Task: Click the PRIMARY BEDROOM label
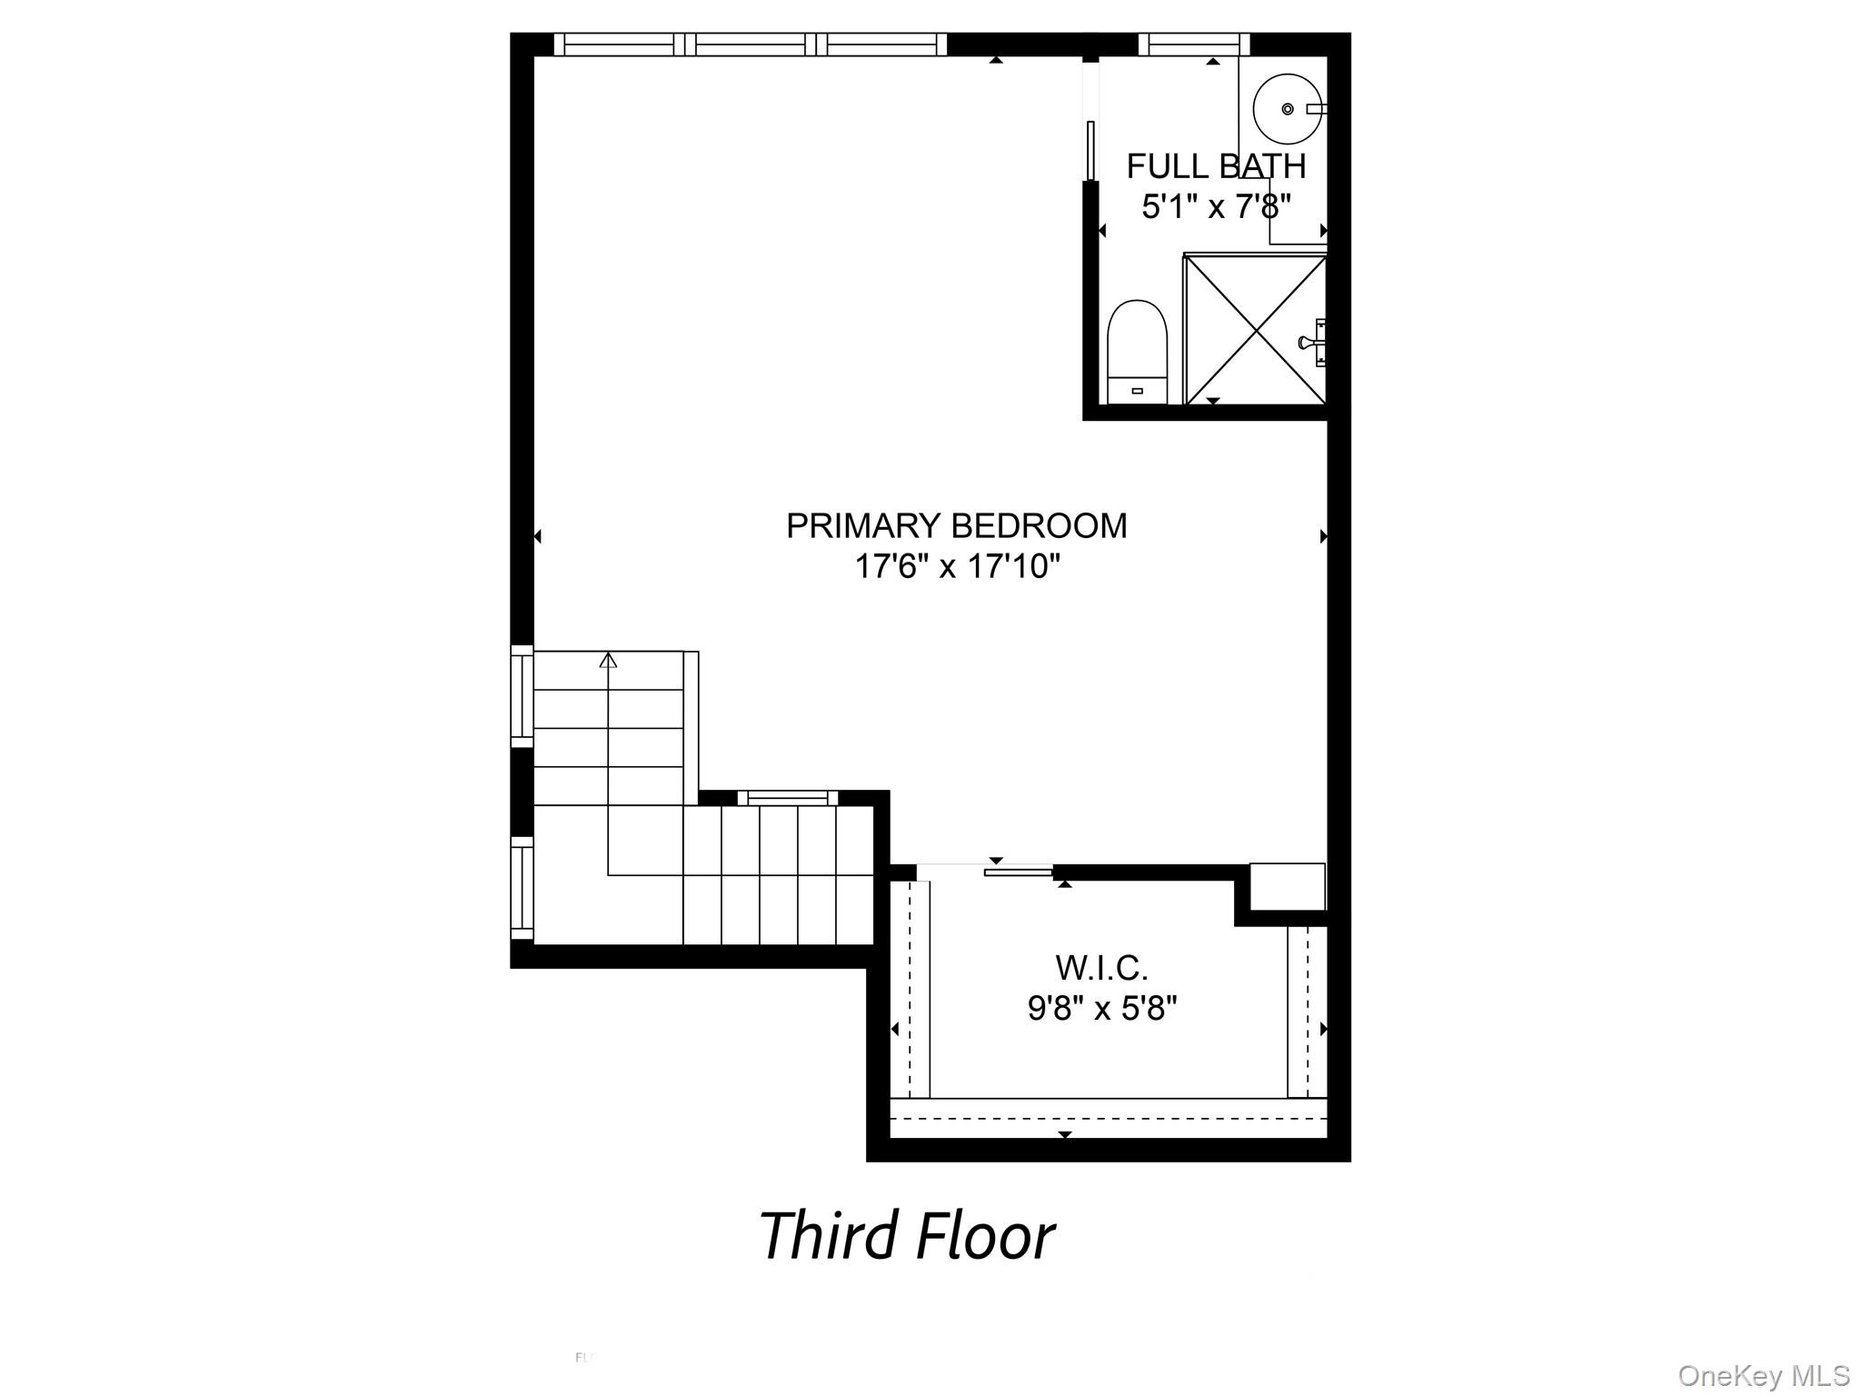point(956,526)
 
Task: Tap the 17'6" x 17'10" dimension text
point(957,567)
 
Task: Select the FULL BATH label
point(1216,166)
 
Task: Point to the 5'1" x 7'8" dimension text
point(1216,207)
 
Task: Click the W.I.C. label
point(1101,968)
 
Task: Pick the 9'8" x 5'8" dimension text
point(1101,1008)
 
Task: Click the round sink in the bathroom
point(1286,109)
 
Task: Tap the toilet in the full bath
point(1137,351)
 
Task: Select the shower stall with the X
point(1255,329)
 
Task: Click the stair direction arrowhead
point(608,660)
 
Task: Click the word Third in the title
point(828,1236)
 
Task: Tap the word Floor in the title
point(985,1236)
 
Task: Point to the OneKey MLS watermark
point(1763,1375)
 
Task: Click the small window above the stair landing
point(787,798)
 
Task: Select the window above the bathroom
point(1193,44)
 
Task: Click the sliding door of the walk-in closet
point(1018,872)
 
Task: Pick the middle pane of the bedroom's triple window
point(751,44)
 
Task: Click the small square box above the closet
point(1287,886)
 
